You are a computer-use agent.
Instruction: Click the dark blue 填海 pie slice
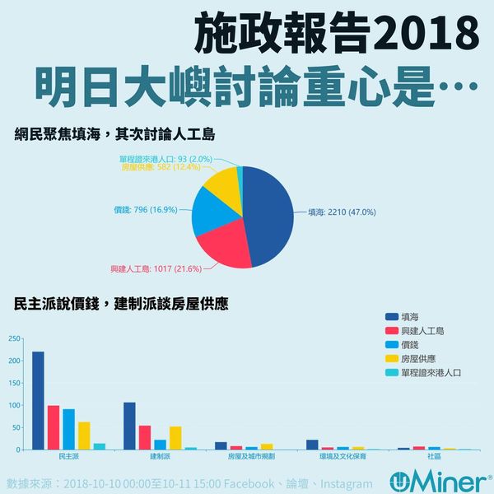[x=268, y=216]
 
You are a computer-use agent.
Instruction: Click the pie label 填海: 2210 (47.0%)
[x=341, y=212]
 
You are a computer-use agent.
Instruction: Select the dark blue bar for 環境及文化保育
[x=311, y=445]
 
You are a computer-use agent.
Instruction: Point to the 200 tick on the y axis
[x=11, y=361]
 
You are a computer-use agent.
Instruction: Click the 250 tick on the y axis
[x=11, y=338]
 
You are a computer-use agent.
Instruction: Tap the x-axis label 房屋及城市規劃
[x=245, y=455]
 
